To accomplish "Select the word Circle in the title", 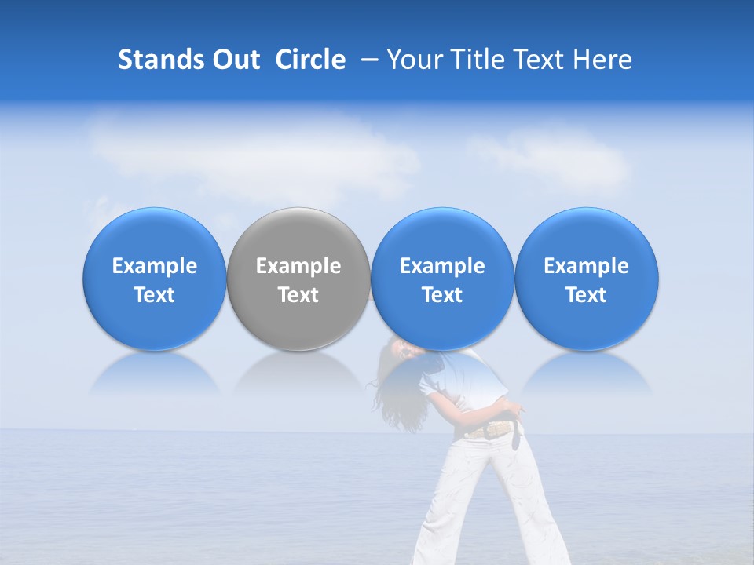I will [310, 60].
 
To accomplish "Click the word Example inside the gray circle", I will [298, 266].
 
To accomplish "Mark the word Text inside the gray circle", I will [298, 295].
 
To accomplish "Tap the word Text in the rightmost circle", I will [587, 295].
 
